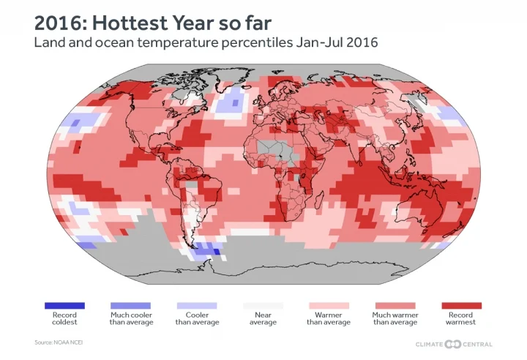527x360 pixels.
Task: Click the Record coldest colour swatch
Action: [x=64, y=305]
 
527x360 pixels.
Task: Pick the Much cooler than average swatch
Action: [x=130, y=305]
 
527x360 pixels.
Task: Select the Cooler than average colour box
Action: [x=197, y=305]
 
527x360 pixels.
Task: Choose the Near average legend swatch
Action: [x=263, y=305]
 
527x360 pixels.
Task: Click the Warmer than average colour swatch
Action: [x=329, y=305]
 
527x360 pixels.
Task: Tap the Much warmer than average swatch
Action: [x=395, y=305]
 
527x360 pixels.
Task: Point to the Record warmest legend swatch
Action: [x=462, y=305]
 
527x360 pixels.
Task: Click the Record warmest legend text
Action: [x=462, y=318]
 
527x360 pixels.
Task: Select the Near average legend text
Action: [x=263, y=318]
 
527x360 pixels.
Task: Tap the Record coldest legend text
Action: [x=64, y=318]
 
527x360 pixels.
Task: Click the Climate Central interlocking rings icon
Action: [x=453, y=344]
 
